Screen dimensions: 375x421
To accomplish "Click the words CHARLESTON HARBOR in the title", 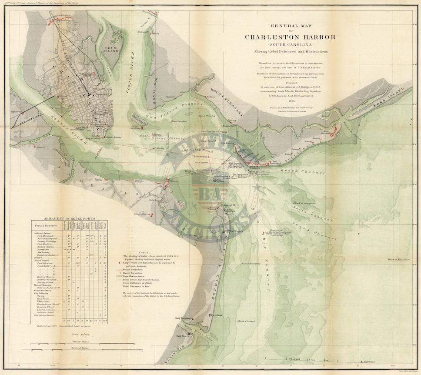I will pyautogui.click(x=290, y=37).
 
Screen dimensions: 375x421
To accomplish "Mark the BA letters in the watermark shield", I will pyautogui.click(x=210, y=193).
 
